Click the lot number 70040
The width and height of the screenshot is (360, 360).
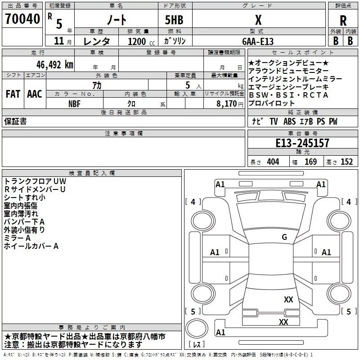click(22, 19)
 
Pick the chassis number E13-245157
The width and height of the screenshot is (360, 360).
click(302, 143)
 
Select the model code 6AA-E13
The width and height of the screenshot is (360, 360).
click(258, 41)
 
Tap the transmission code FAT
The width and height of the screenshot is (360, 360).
click(13, 94)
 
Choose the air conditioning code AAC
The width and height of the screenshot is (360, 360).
click(35, 94)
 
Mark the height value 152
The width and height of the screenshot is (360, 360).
click(346, 162)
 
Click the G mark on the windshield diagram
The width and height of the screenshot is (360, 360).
click(284, 237)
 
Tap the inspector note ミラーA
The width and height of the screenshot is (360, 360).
click(17, 238)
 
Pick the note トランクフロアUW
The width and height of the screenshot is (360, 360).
click(31, 181)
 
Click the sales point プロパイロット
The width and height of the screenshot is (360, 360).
click(271, 103)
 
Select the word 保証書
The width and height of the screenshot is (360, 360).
click(15, 121)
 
